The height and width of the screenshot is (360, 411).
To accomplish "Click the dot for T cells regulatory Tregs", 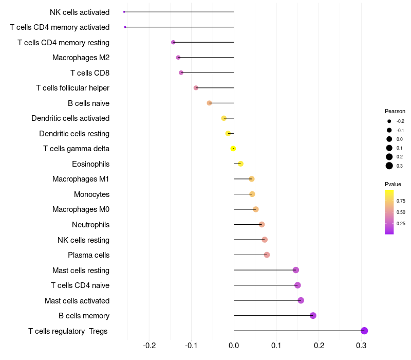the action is [x=364, y=331].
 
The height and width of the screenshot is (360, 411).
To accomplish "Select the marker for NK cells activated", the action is [x=124, y=12].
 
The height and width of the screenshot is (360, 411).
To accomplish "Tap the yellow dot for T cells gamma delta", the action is [x=233, y=149].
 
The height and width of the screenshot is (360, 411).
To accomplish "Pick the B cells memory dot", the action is [x=313, y=315].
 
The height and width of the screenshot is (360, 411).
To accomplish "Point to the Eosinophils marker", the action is [x=240, y=164].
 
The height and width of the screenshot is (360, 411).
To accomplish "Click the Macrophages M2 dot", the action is [x=178, y=58].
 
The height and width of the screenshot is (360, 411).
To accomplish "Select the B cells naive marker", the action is [x=209, y=103].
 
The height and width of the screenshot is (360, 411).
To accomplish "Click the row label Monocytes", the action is [x=91, y=194].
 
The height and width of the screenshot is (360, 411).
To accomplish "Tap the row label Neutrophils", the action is [x=91, y=225].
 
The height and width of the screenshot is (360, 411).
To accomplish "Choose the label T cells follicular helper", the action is [x=72, y=88].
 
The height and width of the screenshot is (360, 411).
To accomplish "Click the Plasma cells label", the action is [x=88, y=255].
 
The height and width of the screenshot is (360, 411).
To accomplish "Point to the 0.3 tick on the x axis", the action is [x=361, y=346].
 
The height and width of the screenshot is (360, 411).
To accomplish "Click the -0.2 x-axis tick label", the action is [x=149, y=346].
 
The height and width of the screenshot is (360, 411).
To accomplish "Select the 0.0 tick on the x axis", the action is [x=234, y=346].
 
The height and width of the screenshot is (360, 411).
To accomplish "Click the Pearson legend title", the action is [x=395, y=111].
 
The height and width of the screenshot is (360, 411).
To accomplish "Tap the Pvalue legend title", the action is [x=393, y=184].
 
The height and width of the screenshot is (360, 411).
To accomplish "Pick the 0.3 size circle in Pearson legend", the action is [x=389, y=166].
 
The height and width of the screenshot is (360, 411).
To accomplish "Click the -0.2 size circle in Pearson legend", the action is [x=389, y=121].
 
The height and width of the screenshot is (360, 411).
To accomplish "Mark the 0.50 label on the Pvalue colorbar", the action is [x=401, y=212].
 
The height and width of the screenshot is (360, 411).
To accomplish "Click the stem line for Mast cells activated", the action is [x=267, y=300].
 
